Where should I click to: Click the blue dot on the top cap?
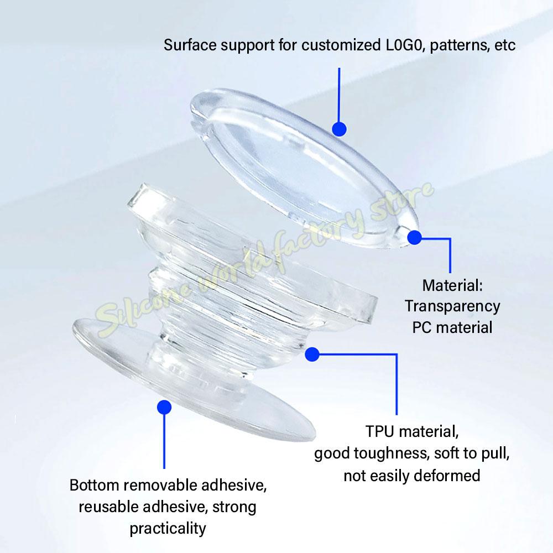pyautogui.click(x=339, y=129)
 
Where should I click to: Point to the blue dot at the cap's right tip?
pyautogui.click(x=414, y=237)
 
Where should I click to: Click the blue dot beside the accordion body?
pyautogui.click(x=312, y=354)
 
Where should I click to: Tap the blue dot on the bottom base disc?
pyautogui.click(x=164, y=408)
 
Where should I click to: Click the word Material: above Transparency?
pyautogui.click(x=452, y=285)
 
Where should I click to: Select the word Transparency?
pyautogui.click(x=452, y=306)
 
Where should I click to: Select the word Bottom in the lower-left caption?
pyautogui.click(x=94, y=486)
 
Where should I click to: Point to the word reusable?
pyautogui.click(x=108, y=507)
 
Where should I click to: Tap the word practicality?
pyautogui.click(x=168, y=529)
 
